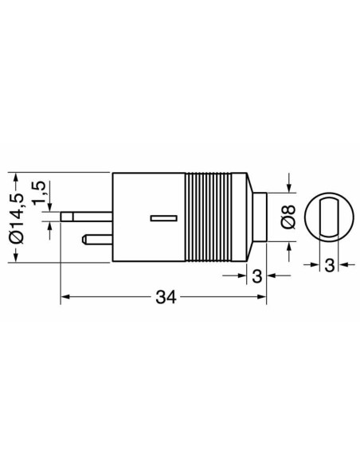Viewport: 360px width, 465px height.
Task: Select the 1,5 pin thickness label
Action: pos(39,192)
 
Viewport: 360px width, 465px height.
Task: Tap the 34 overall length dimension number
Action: pos(166,297)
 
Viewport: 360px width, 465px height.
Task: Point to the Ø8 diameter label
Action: pos(288,217)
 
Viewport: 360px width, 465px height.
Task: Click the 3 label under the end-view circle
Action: pos(329,265)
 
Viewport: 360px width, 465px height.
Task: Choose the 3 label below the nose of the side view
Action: pos(257,276)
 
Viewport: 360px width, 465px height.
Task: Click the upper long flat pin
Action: pos(86,217)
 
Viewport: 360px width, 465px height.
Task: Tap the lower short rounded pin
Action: pos(97,240)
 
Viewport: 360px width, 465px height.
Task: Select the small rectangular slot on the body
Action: pos(164,218)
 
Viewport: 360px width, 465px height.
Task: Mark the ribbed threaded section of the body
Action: pos(208,217)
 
